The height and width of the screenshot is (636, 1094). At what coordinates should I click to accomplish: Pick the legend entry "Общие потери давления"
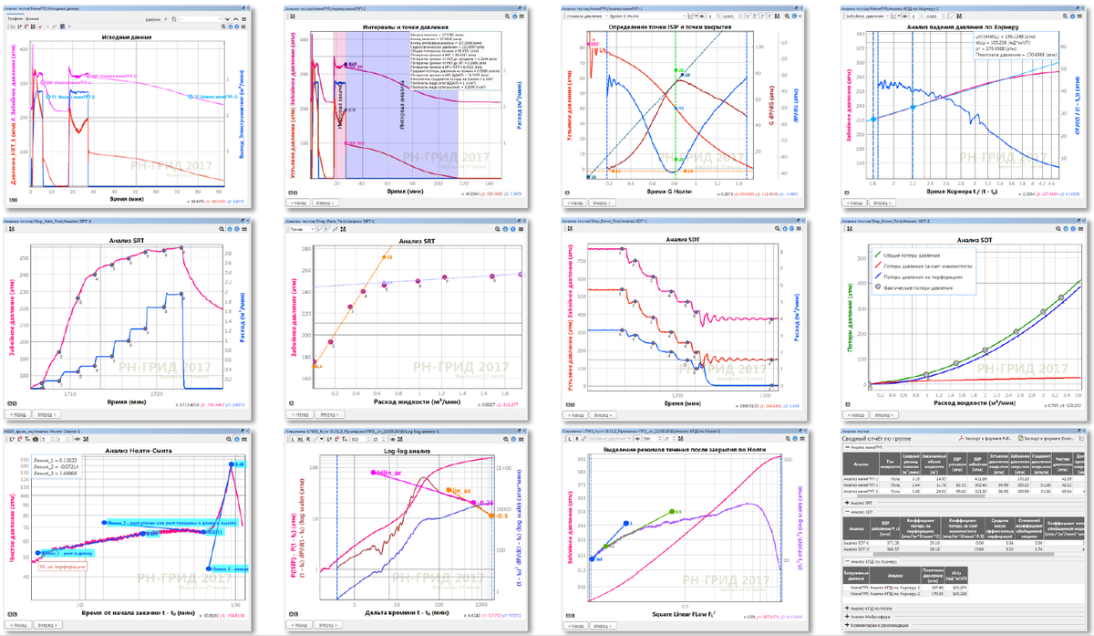923,255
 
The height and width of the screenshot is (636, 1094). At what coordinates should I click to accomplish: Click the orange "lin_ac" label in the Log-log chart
463,490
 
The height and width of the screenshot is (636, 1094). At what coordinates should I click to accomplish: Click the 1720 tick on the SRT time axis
156,391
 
